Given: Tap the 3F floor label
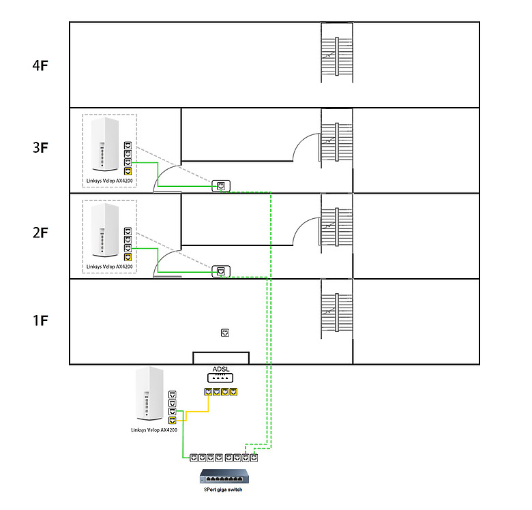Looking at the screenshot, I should point(41,148).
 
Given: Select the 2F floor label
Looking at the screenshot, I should point(41,233).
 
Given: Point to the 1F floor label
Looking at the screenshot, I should point(41,320).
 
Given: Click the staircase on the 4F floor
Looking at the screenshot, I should point(338,54).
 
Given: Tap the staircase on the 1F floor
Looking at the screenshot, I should point(338,310).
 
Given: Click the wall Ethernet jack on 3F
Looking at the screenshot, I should point(222,185).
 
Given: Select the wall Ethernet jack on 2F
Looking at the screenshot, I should point(222,271).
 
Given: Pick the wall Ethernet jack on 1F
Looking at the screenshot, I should point(225,333).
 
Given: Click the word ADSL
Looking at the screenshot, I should point(220,369).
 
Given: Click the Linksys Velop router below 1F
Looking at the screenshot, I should point(149,395).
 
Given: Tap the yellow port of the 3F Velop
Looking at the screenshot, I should point(128,171).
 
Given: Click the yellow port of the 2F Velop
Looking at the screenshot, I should point(128,257).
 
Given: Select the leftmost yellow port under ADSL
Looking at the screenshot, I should point(207,392).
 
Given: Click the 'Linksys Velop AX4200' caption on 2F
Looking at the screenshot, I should point(110,267).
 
